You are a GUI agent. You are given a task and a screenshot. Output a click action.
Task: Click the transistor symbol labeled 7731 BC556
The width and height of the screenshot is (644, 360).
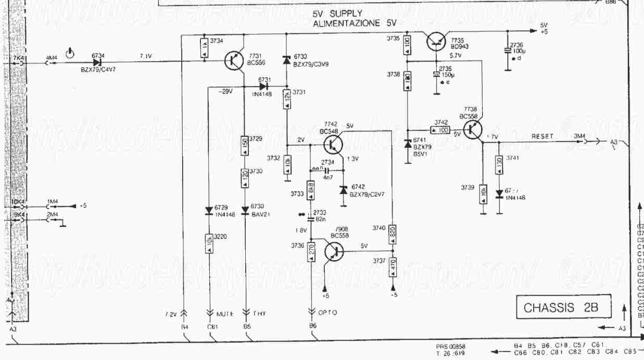click(233, 60)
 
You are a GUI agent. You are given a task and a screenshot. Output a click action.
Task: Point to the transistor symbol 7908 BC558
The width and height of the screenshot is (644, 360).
click(333, 251)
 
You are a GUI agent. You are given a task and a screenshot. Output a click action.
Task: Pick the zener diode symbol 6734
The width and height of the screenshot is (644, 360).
click(97, 63)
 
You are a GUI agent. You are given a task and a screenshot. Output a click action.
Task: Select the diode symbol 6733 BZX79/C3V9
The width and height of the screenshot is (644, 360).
click(286, 60)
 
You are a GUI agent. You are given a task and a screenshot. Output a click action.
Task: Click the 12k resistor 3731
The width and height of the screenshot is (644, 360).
click(286, 98)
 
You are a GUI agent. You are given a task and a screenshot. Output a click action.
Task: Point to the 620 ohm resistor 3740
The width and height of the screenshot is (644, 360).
click(393, 232)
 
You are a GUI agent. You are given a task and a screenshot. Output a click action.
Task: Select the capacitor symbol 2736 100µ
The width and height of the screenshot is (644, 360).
click(508, 51)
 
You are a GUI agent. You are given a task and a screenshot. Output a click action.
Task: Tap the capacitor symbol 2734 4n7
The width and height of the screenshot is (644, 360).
click(327, 170)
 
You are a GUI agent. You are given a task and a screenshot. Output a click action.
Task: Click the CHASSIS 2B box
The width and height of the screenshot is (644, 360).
click(562, 307)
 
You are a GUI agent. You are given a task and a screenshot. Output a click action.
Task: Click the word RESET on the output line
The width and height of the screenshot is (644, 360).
click(542, 136)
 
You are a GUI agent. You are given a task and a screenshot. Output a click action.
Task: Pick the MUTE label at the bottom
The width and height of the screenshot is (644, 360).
click(225, 314)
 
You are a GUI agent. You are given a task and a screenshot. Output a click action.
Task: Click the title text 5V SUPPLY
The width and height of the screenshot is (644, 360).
click(337, 14)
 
